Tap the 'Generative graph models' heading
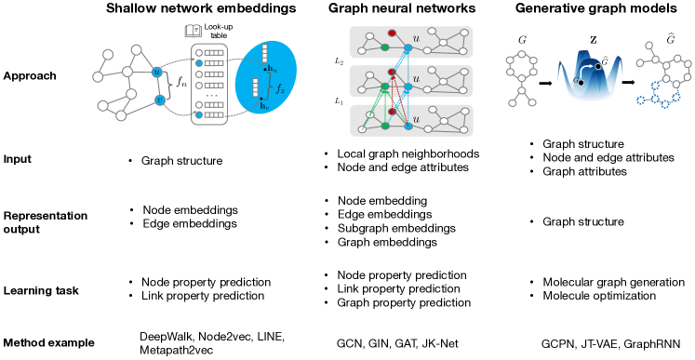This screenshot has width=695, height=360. (x=595, y=10)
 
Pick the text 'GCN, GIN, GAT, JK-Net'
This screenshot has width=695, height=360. (x=394, y=343)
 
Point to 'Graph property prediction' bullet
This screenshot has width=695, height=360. (x=403, y=302)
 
